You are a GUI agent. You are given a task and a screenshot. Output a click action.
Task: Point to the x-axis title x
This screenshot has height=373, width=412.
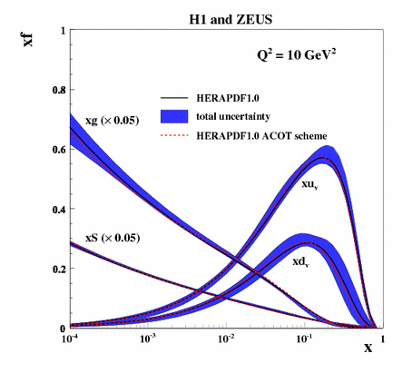[x=368, y=348]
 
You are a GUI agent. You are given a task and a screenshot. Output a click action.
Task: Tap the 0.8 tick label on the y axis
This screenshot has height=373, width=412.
[x=57, y=90]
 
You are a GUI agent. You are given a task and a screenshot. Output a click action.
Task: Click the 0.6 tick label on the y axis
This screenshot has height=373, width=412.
[x=57, y=150]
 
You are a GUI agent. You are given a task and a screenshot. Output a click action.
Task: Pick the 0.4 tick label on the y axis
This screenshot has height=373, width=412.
[x=57, y=210]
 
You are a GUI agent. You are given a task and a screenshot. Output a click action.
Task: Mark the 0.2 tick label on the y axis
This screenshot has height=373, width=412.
[x=57, y=270]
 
